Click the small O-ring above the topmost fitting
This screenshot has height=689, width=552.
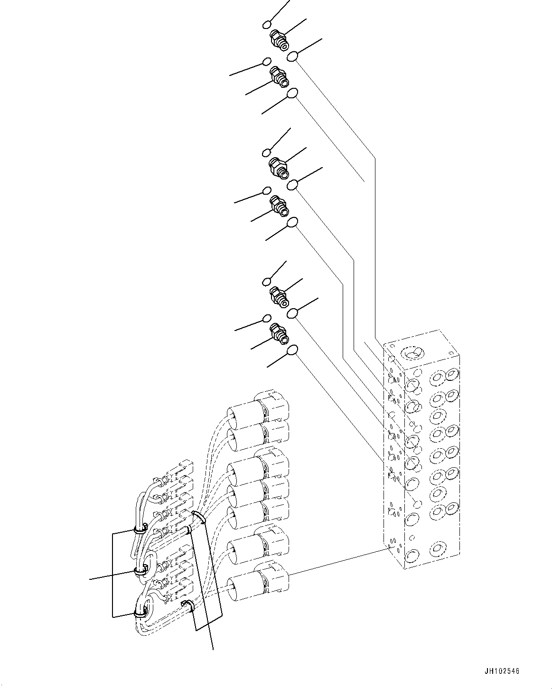(x=268, y=24)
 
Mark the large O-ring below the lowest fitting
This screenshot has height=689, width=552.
(x=292, y=350)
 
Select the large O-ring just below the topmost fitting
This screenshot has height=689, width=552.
(x=293, y=56)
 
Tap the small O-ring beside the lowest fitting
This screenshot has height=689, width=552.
(x=267, y=318)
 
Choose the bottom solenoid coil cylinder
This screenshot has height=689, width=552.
(x=244, y=583)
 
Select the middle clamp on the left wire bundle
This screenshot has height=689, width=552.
(x=140, y=571)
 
